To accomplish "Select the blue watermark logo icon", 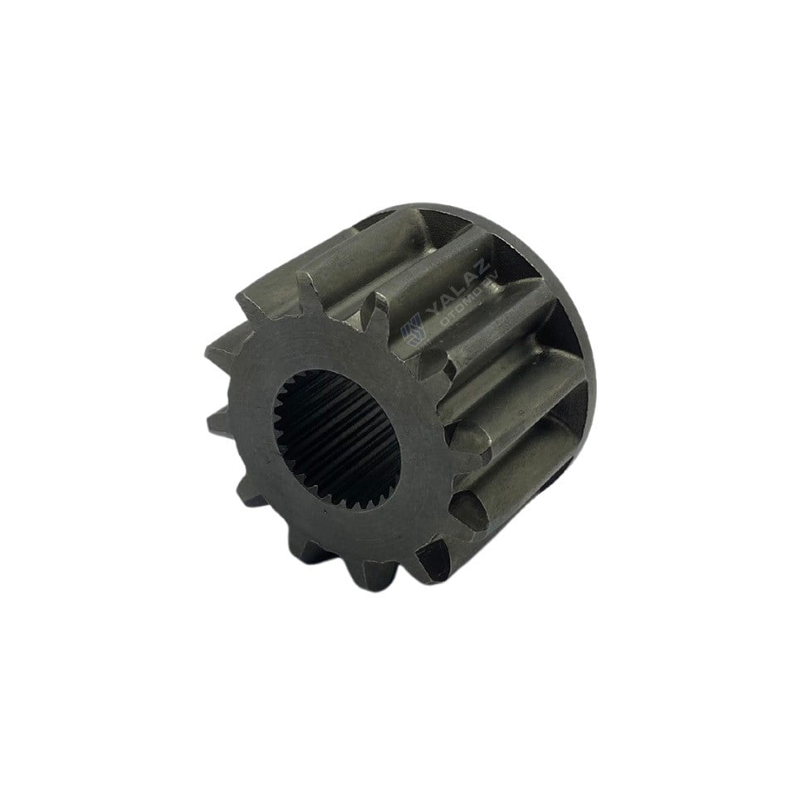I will point(412,333).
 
